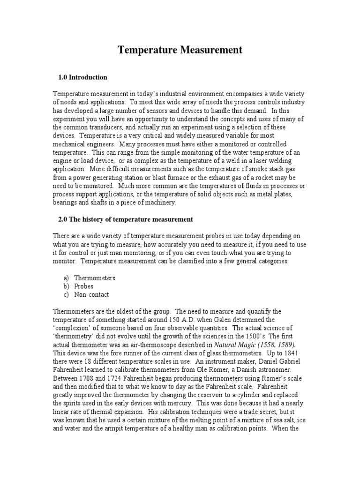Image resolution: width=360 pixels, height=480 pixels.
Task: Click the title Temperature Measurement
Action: click(180, 50)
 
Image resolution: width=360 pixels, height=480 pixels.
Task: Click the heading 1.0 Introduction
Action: click(82, 77)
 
